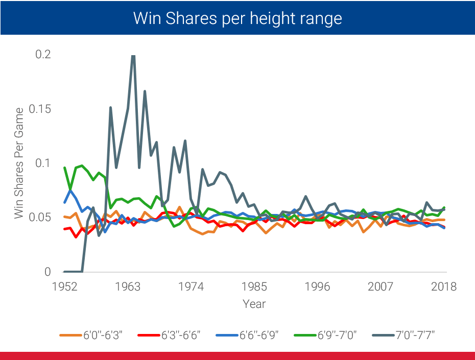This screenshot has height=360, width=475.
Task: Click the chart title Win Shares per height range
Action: pos(237,18)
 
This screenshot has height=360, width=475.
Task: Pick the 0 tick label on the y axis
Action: pos(48,272)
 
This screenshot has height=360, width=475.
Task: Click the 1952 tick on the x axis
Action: pos(65,286)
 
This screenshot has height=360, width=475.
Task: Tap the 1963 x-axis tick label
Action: pos(128,286)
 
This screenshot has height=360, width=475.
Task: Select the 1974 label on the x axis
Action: pos(191,286)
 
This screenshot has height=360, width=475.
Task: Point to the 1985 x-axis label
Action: pos(254,286)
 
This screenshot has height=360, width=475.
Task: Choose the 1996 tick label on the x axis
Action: pos(317,286)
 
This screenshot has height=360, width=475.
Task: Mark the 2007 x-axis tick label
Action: pos(381,286)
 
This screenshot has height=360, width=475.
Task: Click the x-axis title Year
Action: pos(254,304)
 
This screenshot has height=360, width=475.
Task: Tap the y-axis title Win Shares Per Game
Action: pos(19,163)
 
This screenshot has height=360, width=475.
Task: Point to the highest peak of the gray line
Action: pos(133,56)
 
